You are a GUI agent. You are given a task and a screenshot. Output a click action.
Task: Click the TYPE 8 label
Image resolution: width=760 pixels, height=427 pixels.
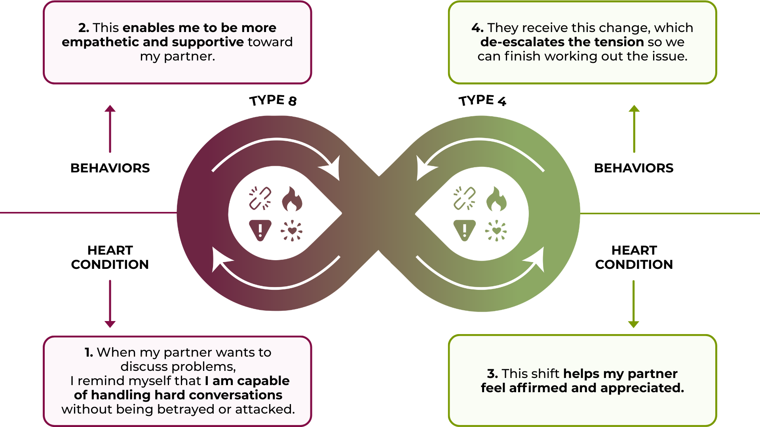[273, 100]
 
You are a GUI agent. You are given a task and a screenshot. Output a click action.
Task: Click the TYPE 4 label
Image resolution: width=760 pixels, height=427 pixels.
[482, 100]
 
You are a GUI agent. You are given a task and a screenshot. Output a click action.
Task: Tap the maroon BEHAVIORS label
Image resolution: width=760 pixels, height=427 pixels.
[110, 168]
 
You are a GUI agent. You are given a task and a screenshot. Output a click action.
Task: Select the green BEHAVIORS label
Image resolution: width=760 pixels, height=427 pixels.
[634, 168]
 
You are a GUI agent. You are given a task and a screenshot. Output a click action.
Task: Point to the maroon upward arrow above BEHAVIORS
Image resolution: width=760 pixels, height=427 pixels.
[110, 128]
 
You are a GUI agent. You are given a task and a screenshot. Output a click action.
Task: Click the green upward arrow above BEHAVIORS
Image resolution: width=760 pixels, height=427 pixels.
[634, 128]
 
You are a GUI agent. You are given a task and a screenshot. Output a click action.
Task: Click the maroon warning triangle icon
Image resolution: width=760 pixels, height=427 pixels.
[260, 230]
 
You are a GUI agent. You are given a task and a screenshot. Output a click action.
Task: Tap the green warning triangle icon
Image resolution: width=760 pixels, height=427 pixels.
[464, 230]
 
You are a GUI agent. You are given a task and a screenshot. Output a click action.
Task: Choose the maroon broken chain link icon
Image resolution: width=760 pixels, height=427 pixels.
[260, 198]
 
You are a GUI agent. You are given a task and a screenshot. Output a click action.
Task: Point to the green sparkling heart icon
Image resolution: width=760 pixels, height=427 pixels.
[496, 231]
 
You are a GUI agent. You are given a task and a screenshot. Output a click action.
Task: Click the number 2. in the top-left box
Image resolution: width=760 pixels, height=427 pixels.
[83, 28]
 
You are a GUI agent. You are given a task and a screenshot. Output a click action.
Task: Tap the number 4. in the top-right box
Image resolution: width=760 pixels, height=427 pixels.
[477, 28]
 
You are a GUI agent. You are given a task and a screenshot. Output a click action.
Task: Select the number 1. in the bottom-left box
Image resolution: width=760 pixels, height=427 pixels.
[89, 352]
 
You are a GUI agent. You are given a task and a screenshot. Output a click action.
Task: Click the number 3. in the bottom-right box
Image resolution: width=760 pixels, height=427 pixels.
[492, 374]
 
